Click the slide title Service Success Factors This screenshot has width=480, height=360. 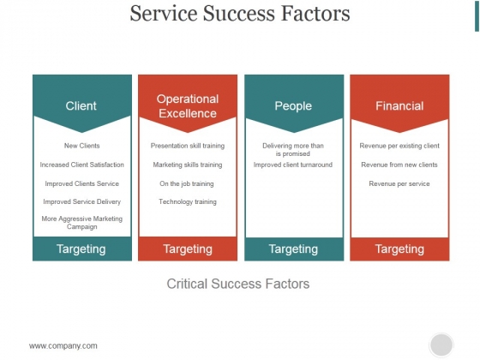(x=240, y=14)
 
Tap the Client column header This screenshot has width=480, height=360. (x=81, y=106)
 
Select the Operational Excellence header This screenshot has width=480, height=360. (x=188, y=106)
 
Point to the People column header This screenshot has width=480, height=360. (x=293, y=106)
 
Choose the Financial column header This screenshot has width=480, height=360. (x=399, y=106)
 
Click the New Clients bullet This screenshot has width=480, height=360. (x=81, y=146)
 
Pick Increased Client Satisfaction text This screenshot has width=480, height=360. (x=81, y=165)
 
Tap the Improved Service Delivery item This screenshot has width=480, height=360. (x=81, y=201)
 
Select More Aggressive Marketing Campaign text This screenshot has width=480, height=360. (x=81, y=223)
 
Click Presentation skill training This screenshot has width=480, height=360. (x=188, y=146)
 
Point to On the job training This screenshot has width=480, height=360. (x=187, y=183)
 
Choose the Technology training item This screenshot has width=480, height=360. (x=188, y=201)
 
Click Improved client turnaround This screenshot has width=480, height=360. (x=293, y=165)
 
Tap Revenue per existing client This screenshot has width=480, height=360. (x=399, y=146)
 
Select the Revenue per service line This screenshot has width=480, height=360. (x=399, y=183)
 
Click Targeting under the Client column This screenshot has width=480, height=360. (x=81, y=249)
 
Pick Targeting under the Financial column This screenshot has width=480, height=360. (x=399, y=249)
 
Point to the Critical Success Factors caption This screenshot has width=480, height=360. (x=238, y=284)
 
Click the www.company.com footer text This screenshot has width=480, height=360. (x=63, y=346)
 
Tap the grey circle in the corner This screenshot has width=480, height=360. (x=441, y=345)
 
